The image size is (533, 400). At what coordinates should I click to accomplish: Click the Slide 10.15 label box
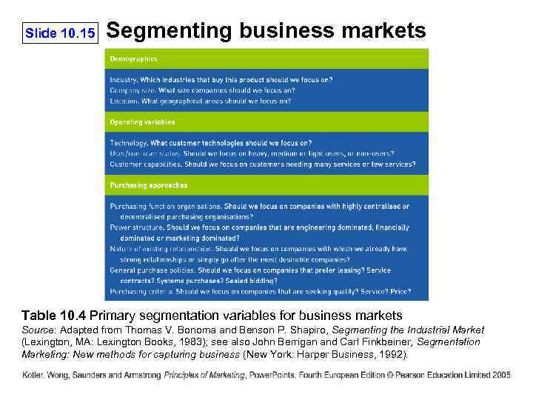point(60,33)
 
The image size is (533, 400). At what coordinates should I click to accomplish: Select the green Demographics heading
point(133,59)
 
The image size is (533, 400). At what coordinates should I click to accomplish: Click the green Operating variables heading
point(142,121)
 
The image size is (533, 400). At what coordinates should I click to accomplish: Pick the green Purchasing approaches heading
point(148,185)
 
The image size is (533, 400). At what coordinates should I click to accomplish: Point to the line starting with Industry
point(221,79)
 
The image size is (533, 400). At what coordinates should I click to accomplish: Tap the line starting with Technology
point(210,143)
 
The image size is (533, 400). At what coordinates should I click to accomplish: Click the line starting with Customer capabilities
point(262,164)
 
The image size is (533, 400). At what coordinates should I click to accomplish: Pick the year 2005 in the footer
point(500,376)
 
